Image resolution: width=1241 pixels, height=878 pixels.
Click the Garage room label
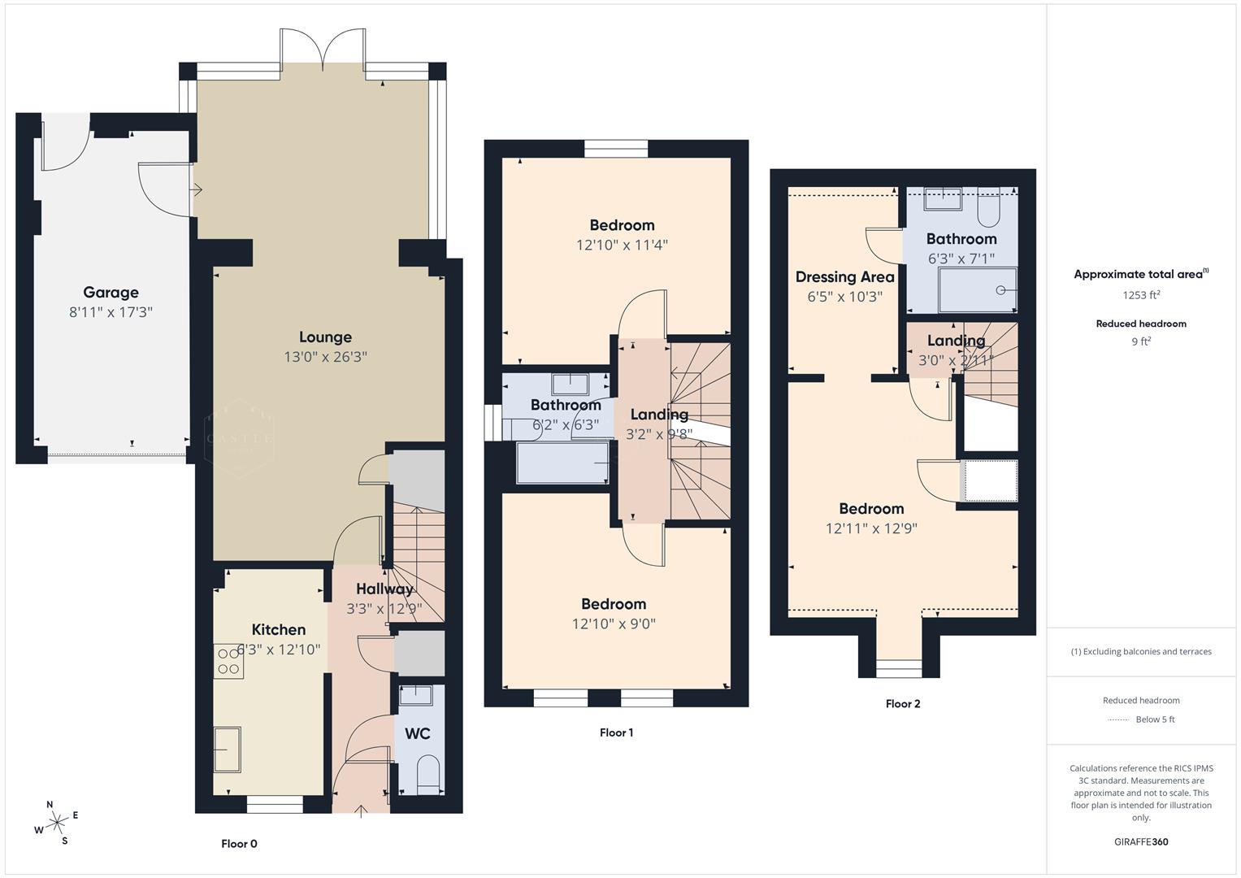(111, 293)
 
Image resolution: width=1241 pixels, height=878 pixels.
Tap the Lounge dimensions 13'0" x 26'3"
(325, 357)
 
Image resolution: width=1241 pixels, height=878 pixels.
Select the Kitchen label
(279, 630)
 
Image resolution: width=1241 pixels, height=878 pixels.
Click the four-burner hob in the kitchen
(228, 661)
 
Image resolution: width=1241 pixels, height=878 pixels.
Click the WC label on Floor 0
(418, 734)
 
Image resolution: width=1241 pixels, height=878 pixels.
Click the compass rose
(57, 823)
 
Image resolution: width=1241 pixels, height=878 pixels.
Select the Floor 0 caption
(239, 844)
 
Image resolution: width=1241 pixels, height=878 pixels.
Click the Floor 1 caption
(616, 732)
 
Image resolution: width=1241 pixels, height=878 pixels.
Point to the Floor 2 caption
(903, 704)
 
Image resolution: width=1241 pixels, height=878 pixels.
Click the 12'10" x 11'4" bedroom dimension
(622, 245)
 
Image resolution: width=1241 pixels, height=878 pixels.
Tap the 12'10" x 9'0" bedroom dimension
(614, 624)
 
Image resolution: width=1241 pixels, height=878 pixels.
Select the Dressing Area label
(844, 277)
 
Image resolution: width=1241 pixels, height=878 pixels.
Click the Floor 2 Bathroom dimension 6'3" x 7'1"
(961, 259)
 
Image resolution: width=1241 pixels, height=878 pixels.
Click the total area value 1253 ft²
(1141, 295)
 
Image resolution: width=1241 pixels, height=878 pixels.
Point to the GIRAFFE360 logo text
(1141, 842)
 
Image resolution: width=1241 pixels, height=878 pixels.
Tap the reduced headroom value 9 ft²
(1141, 341)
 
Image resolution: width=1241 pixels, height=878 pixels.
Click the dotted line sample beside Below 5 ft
(1119, 719)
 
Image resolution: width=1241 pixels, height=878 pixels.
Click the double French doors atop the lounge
(323, 50)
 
